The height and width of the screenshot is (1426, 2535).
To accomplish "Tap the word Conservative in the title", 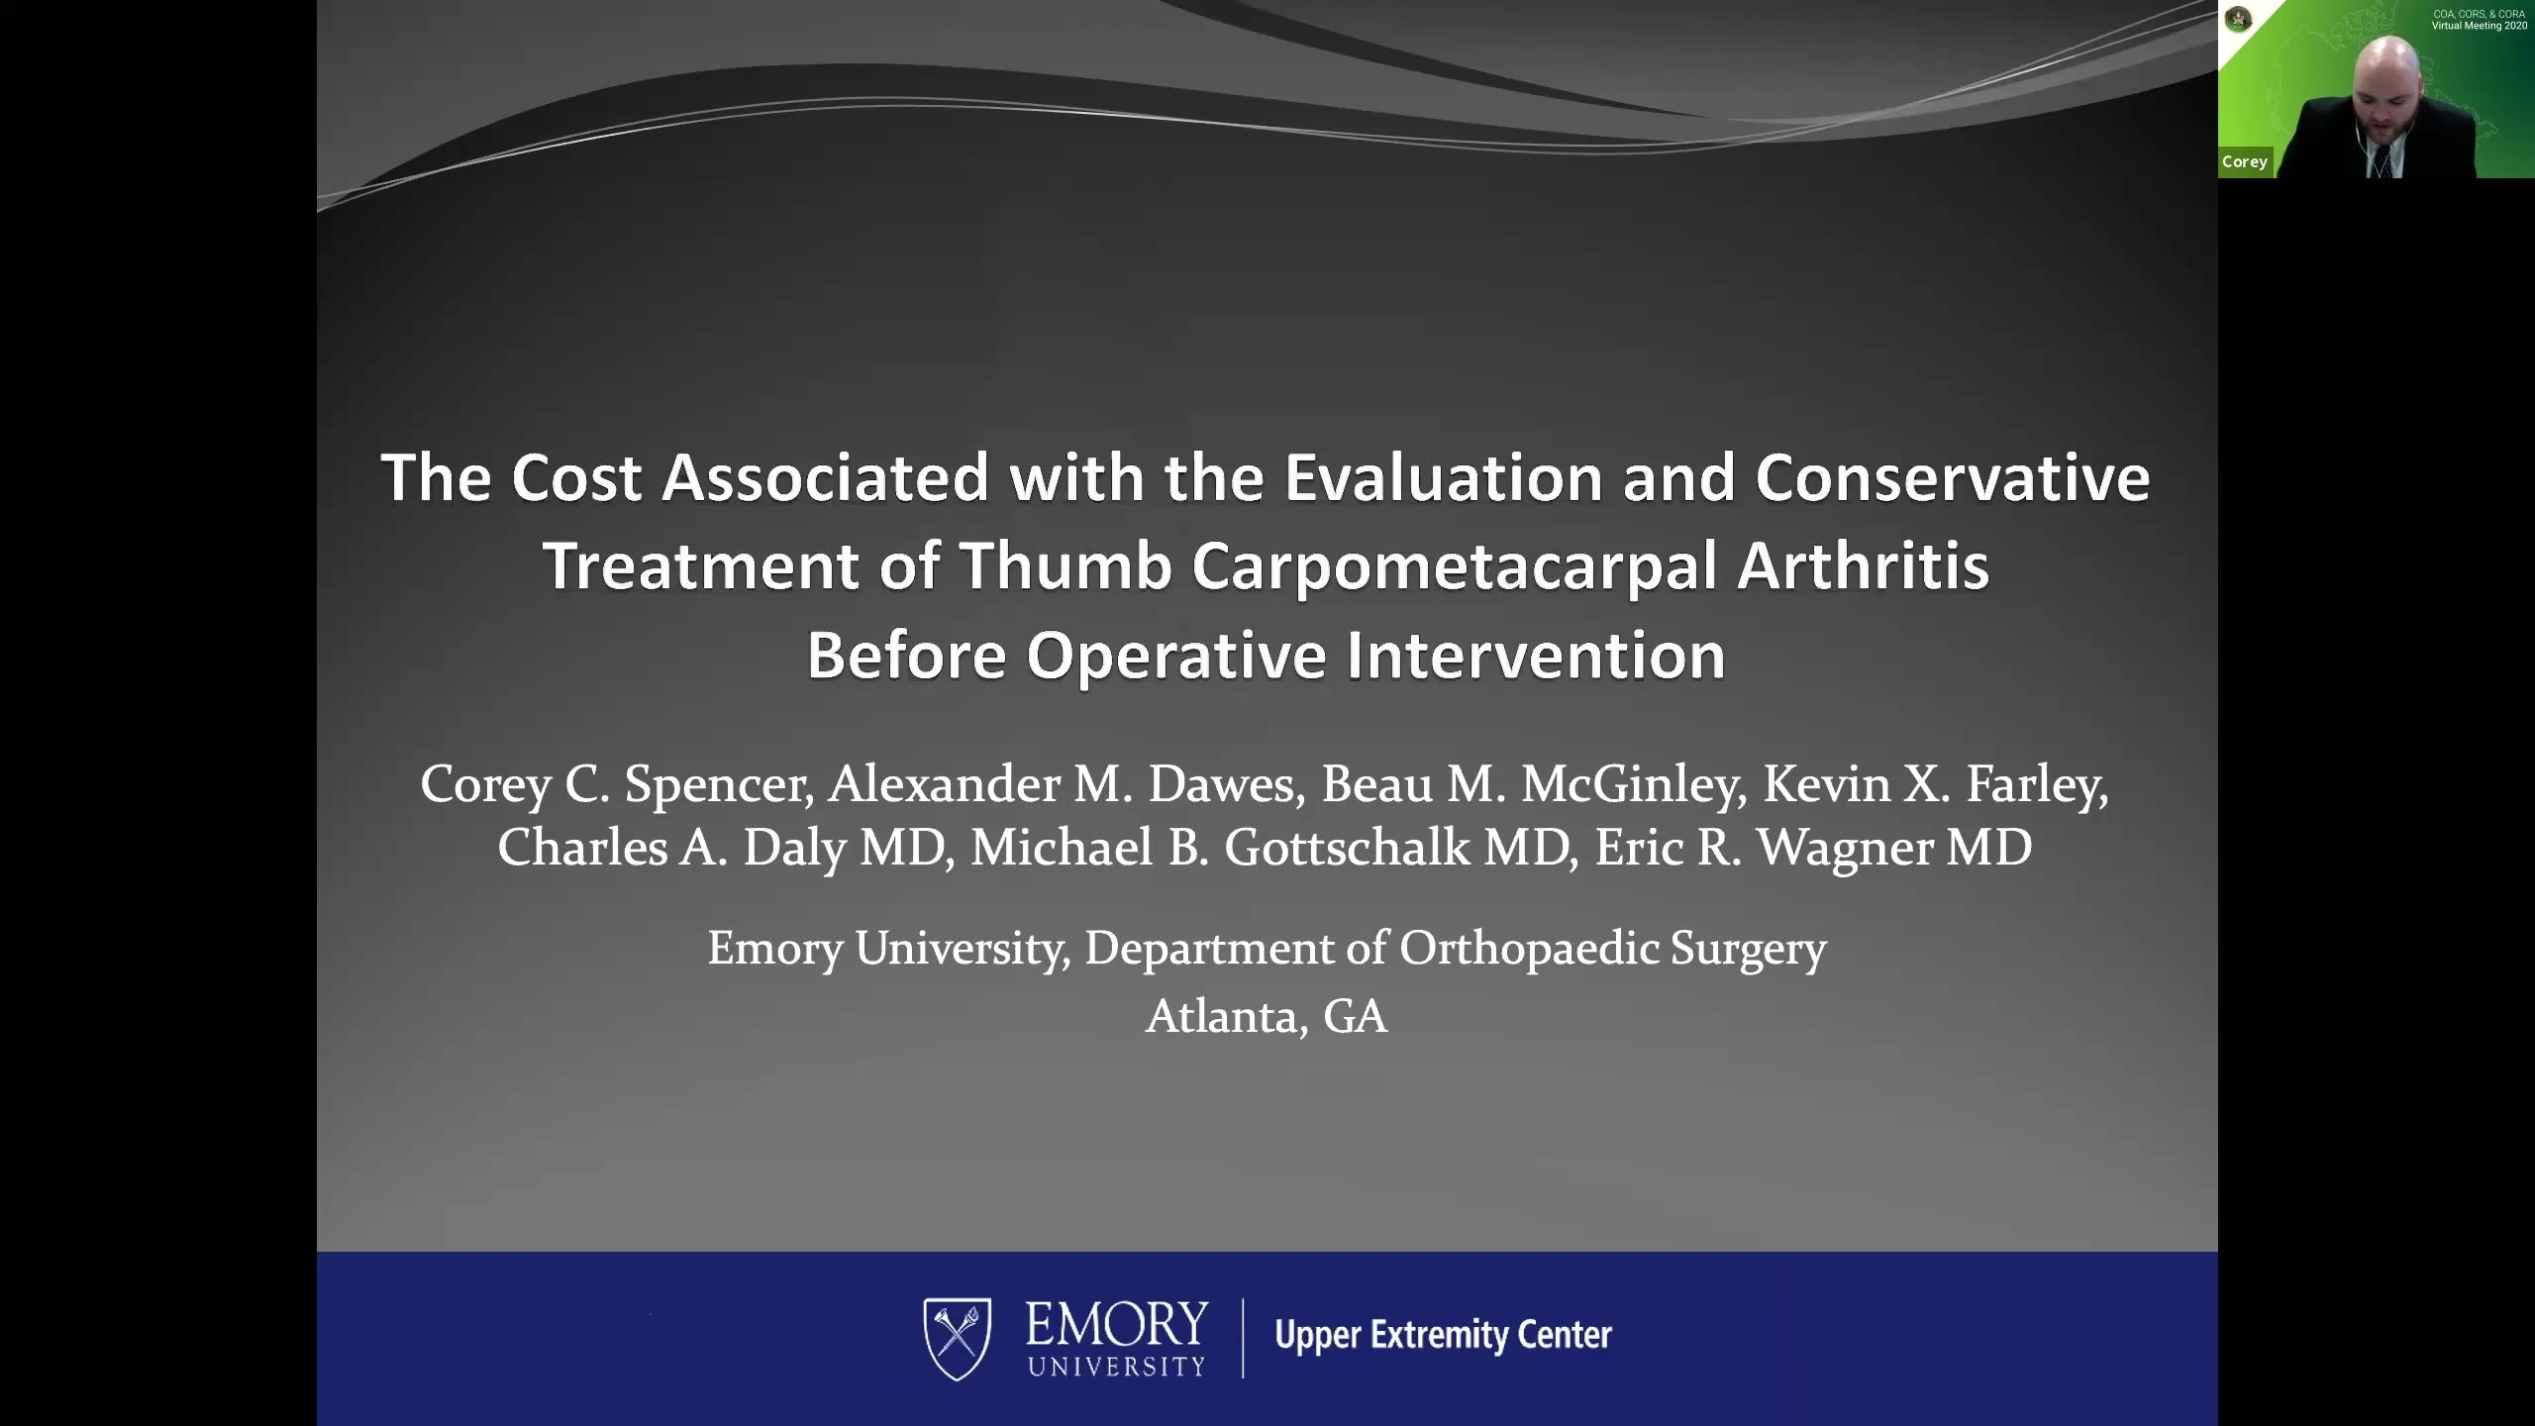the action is coord(1953,477).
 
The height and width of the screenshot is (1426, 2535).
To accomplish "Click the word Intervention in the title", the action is coord(1536,656).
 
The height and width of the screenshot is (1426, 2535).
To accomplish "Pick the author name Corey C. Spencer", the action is coord(617,785).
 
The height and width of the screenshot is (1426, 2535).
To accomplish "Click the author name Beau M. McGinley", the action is coord(1535,785).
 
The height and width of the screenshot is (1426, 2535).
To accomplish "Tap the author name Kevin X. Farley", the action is coord(1936,785).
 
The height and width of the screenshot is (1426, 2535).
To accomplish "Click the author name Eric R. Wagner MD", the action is coord(1813,849).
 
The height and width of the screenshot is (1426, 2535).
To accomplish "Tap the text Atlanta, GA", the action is coord(1267,1016).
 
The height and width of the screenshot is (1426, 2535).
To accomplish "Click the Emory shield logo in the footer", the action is coord(958,1339).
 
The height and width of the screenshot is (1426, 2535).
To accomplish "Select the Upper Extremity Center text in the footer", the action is coord(1444,1335).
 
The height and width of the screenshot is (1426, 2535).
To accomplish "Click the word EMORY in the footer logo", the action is coord(1117,1324).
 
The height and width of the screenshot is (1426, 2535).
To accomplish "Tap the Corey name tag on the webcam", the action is coord(2245,161).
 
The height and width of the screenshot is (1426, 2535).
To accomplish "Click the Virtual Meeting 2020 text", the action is coord(2480,26).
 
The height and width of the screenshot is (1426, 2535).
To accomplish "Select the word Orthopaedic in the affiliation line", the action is coord(1530,950).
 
